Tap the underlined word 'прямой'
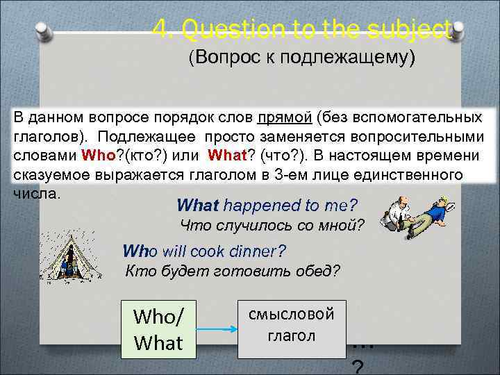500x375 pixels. [x=283, y=118]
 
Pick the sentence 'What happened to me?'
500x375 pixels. [x=267, y=205]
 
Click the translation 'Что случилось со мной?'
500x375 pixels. [x=272, y=225]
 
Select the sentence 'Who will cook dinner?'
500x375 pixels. [x=204, y=251]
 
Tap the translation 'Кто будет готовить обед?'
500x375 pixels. [x=233, y=271]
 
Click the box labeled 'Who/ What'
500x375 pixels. [x=158, y=330]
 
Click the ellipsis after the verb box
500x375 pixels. [x=363, y=342]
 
